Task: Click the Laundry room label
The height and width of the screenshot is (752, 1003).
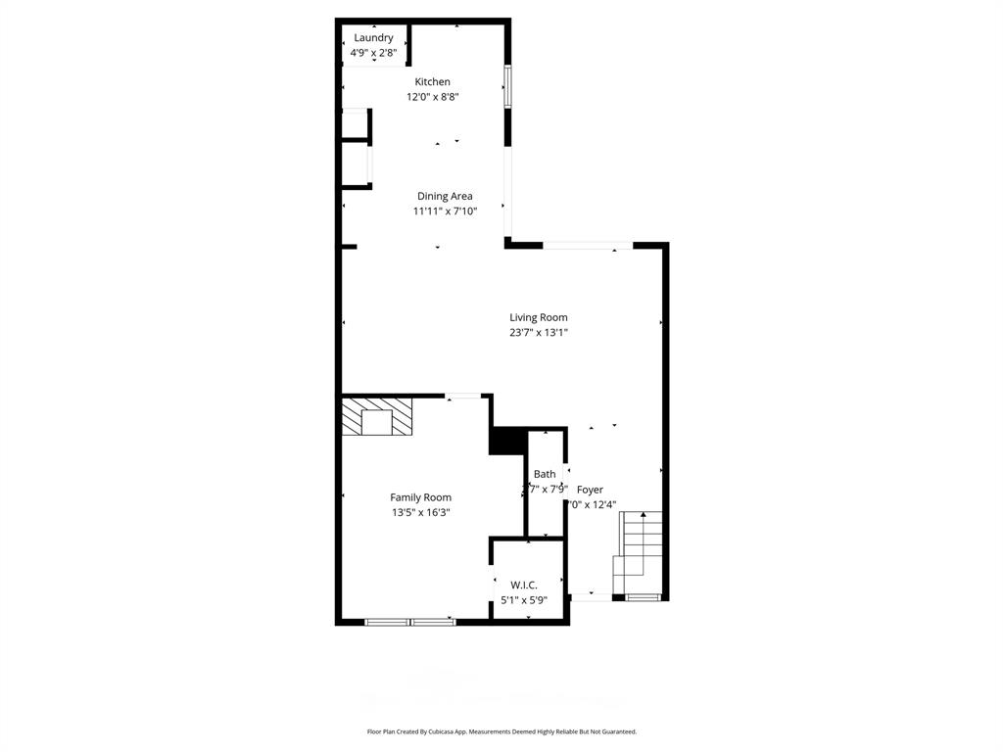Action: point(373,38)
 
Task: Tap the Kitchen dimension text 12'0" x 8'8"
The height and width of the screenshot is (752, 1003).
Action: point(432,97)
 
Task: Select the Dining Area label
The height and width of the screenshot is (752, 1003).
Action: point(445,196)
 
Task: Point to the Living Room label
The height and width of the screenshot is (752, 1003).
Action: point(538,317)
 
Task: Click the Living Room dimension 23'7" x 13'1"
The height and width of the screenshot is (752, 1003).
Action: point(538,333)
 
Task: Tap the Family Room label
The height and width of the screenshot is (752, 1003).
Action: point(420,497)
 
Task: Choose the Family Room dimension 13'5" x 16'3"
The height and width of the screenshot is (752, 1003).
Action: point(420,512)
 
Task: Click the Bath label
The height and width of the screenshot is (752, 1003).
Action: point(545,474)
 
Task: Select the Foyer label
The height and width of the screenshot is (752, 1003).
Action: point(590,490)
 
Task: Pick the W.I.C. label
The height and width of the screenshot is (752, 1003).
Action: point(524,585)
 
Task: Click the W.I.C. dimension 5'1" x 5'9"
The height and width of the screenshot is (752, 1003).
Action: point(524,600)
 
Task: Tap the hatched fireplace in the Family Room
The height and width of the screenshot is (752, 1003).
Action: point(377,416)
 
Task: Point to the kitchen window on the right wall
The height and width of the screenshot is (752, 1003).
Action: point(507,86)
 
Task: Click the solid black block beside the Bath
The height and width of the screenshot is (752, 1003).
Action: point(506,441)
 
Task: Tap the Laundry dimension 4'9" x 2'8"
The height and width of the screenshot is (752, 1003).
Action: point(373,53)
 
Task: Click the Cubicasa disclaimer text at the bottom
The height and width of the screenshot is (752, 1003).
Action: point(501,731)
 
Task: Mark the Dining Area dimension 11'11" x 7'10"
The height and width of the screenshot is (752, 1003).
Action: point(445,211)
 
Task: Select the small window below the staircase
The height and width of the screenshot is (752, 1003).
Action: point(643,596)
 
